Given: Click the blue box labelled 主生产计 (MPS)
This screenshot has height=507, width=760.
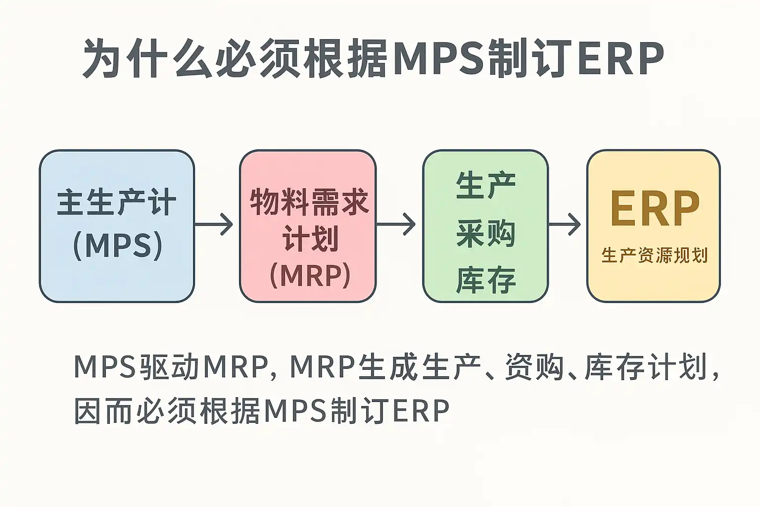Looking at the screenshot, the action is click(x=117, y=226).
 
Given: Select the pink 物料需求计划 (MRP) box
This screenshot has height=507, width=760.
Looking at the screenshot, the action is click(x=308, y=226).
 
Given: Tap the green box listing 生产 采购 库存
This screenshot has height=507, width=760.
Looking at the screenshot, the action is click(x=485, y=226).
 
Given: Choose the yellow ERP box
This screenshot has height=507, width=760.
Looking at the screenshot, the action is click(x=654, y=226).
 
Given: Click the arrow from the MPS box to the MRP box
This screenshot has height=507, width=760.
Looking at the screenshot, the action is click(x=214, y=224).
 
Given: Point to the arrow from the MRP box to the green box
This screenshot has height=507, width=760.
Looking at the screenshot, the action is click(x=396, y=224).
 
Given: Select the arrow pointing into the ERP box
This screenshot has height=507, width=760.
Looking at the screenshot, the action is click(x=565, y=224).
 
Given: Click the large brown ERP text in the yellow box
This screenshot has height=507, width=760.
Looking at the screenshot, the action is click(x=655, y=208).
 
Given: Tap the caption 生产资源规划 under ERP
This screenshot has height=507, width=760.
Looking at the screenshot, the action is click(x=655, y=255).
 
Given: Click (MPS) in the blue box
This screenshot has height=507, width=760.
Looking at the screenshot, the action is click(x=117, y=246).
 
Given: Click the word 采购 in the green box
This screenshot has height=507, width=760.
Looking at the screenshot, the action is click(x=486, y=234).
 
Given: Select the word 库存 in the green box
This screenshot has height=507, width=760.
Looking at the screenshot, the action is click(x=486, y=281).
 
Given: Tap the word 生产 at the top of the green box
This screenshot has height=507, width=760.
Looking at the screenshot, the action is click(x=486, y=185).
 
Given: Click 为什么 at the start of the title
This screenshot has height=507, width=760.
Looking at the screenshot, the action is click(x=148, y=58).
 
